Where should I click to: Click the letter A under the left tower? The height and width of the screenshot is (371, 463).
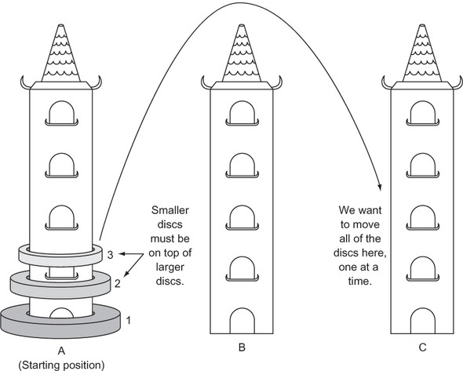click(61, 351)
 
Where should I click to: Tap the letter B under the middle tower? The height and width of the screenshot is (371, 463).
click(242, 347)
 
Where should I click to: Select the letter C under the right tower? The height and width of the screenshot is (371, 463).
click(422, 347)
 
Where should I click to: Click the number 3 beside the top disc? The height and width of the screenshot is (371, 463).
click(110, 255)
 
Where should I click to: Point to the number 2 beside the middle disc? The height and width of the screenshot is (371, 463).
click(118, 284)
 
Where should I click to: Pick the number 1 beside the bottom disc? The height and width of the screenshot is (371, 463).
click(129, 320)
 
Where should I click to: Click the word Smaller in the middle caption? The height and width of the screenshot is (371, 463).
click(170, 210)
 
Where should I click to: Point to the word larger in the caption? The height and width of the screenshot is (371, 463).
click(170, 267)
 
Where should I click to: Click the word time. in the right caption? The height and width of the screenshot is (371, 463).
click(359, 281)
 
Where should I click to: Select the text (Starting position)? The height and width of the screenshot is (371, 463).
click(61, 366)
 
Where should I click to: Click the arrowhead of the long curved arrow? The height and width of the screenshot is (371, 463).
click(380, 187)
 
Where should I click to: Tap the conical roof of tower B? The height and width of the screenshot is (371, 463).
click(242, 53)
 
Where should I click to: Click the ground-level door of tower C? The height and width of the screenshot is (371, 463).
click(422, 321)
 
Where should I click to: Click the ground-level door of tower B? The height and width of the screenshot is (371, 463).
click(242, 321)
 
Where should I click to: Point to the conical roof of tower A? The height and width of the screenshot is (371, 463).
click(61, 53)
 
